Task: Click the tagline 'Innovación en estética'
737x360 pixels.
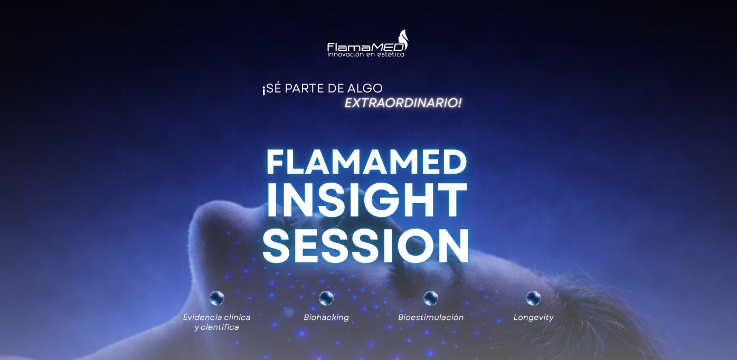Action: pos(365,54)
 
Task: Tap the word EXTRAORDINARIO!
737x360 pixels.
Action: pos(403,103)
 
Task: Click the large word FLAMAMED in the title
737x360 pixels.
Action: pos(366,162)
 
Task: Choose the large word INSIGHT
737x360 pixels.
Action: pos(366,201)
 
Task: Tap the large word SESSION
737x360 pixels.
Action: pos(366,246)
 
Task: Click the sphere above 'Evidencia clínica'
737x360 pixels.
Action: pos(217,298)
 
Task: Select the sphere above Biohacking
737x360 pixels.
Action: pos(326,298)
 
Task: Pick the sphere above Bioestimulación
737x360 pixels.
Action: pos(431,298)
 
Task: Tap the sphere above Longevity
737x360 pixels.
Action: pos(533,298)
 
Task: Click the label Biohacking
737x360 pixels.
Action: pos(326,318)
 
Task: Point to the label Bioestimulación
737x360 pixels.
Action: pos(431,317)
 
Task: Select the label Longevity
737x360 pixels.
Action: pos(533,318)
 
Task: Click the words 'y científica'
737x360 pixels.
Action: pos(216,327)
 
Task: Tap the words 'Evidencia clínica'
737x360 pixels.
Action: pos(216,317)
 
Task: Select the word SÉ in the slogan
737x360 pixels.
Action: pos(274,89)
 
